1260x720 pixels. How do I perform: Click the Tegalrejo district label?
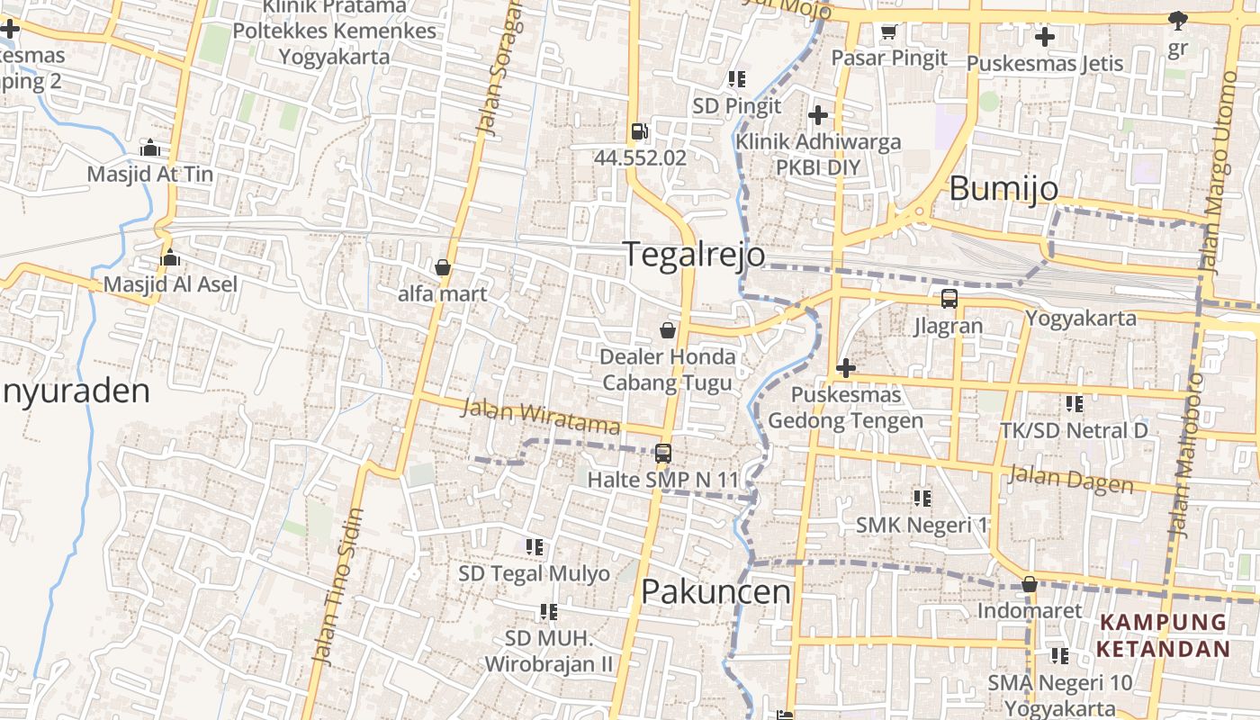(x=695, y=254)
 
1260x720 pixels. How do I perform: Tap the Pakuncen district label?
(x=715, y=591)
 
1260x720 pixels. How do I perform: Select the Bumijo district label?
(x=1003, y=189)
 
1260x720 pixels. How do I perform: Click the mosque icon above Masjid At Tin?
(x=150, y=148)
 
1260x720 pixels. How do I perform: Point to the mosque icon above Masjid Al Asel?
(x=170, y=259)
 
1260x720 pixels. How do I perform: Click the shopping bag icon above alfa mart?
(x=442, y=267)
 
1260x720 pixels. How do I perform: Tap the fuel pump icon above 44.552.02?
(x=639, y=131)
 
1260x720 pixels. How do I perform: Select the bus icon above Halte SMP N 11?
(x=663, y=453)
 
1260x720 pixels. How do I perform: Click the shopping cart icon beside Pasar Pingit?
(x=888, y=32)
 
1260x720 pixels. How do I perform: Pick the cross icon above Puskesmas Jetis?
(x=1044, y=37)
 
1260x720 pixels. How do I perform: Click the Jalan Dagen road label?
(x=1071, y=479)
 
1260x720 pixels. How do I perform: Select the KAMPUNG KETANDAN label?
(x=1163, y=635)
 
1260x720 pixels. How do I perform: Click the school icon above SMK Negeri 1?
(x=922, y=498)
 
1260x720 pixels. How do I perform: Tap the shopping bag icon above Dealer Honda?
(x=668, y=330)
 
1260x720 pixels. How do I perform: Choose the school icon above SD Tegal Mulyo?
(x=535, y=546)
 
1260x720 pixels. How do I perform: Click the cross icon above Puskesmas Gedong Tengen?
(x=846, y=367)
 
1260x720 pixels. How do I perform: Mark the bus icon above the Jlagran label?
(x=949, y=299)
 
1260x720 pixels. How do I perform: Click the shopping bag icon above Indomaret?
(x=1030, y=585)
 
